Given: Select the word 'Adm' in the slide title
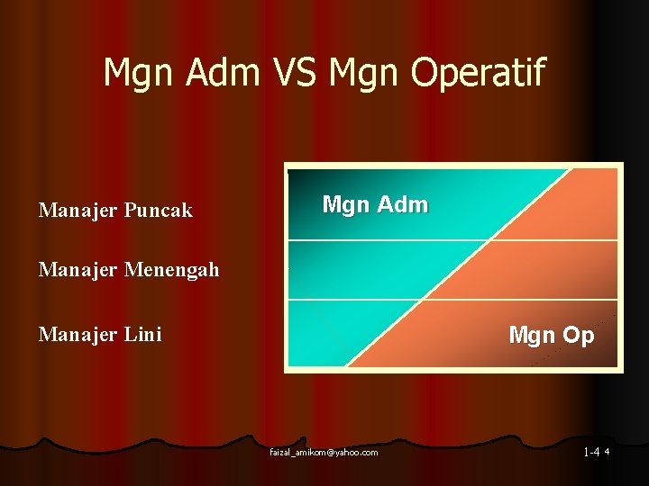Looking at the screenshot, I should (215, 73).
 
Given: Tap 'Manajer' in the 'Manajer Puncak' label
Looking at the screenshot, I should (73, 211).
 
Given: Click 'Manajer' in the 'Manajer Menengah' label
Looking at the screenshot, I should (73, 269).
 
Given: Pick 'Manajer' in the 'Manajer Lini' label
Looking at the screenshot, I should (73, 335).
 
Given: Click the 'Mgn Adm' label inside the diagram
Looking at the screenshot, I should (375, 205).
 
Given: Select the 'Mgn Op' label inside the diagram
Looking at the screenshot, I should (551, 336).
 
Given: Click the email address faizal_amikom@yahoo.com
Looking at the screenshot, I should (324, 452).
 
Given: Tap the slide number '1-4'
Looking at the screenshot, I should (592, 452).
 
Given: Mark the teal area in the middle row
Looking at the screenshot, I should (361, 270).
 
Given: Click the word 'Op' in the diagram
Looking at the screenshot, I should (578, 336).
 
